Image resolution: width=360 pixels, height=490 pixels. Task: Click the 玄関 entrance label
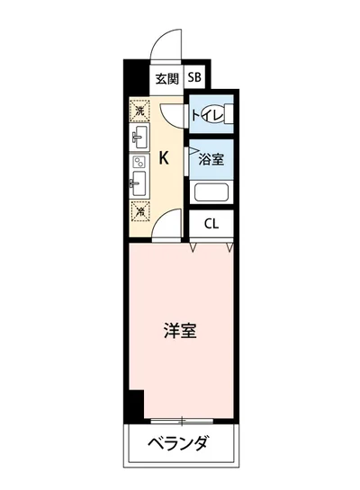point(165,78)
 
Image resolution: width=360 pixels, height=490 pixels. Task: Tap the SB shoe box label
point(195,78)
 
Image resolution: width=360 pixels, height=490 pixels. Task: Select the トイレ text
point(201,114)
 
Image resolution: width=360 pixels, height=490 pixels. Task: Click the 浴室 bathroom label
point(211,159)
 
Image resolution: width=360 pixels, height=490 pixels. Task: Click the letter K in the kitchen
point(164,159)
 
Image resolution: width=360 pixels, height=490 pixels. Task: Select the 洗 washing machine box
point(139,111)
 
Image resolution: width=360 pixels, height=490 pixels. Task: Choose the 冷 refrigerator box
point(139,212)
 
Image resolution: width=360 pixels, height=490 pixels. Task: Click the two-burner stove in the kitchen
point(139,164)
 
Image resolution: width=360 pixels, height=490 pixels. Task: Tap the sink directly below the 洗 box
point(139,138)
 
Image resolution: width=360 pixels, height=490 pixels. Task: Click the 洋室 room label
point(180,330)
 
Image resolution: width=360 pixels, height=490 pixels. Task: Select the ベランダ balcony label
point(180,443)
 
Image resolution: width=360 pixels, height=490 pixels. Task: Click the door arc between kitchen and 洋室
point(165,228)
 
